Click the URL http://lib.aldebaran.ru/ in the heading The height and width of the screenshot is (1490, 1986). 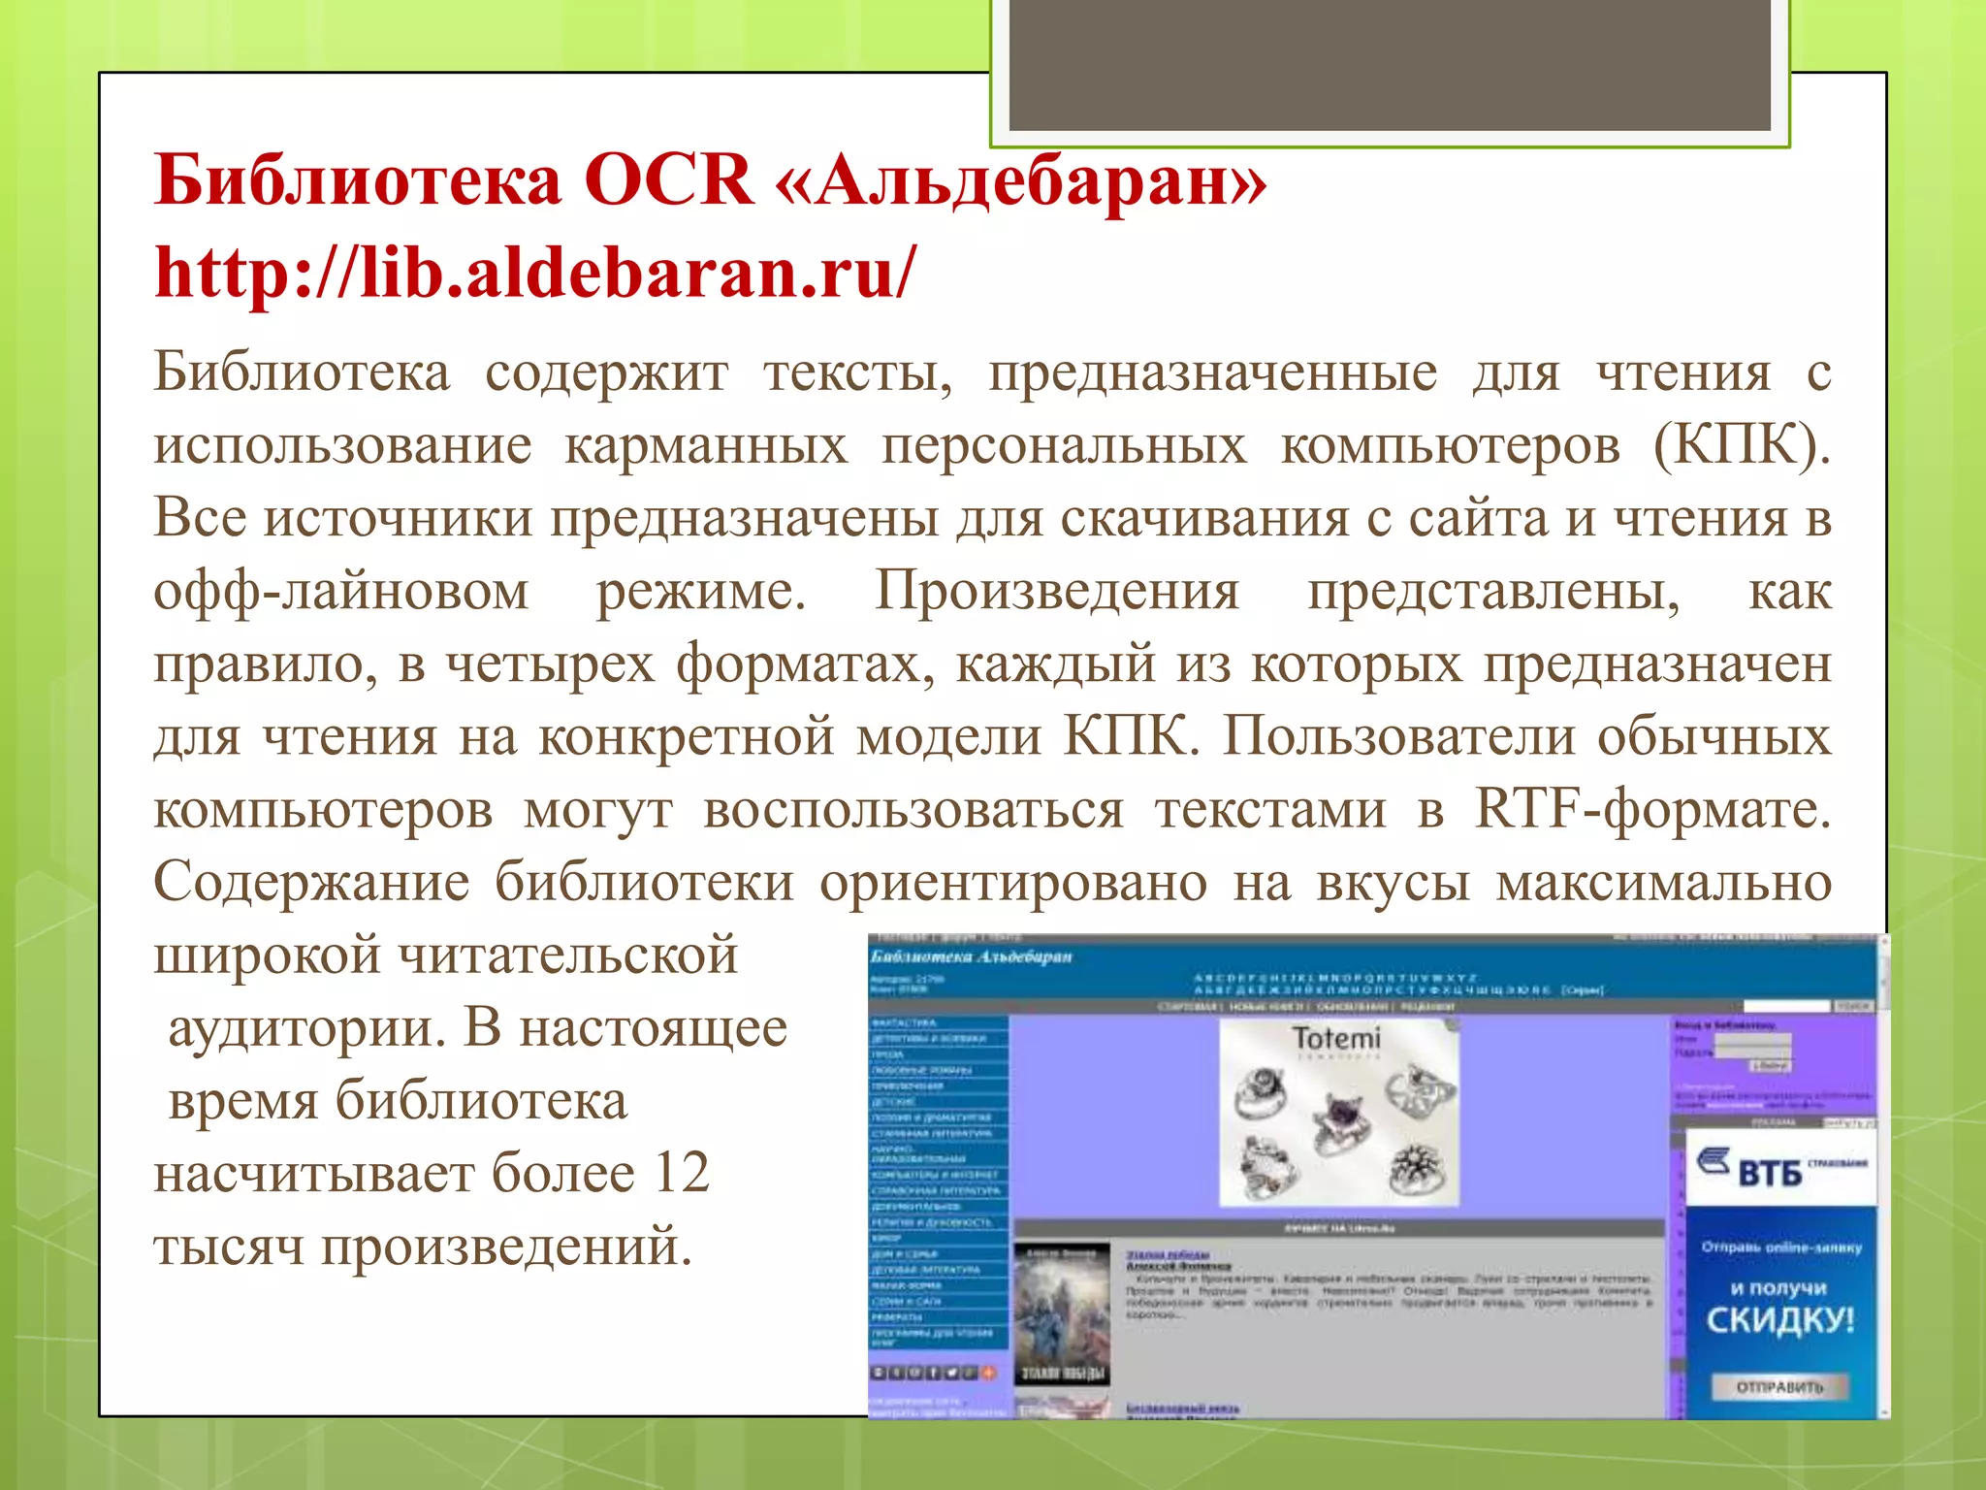pos(533,273)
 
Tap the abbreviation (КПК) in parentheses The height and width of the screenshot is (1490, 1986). pos(1742,445)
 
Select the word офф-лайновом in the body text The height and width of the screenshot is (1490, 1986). pos(341,591)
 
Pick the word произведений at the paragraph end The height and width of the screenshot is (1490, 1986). pos(506,1246)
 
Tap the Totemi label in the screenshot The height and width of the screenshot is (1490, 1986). pos(1336,1039)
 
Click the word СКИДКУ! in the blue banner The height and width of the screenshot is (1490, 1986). pos(1779,1319)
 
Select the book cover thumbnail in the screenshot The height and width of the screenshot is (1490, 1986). pos(1062,1314)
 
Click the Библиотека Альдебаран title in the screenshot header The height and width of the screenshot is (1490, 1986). pos(971,956)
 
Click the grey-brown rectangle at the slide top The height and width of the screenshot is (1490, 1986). pos(1390,64)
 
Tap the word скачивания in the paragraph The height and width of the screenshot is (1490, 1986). pos(1203,518)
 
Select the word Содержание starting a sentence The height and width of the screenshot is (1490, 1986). pos(311,882)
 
